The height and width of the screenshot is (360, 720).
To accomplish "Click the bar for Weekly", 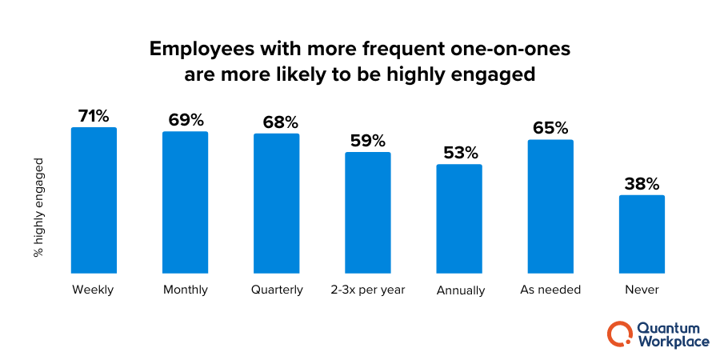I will [94, 200].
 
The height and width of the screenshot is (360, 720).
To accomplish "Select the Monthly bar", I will [185, 202].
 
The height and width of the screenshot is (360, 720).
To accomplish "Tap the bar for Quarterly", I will [276, 203].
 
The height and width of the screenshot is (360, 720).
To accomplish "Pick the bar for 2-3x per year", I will [367, 212].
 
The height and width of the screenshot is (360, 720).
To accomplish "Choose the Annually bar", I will [458, 218].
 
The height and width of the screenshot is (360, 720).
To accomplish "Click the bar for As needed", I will [550, 206].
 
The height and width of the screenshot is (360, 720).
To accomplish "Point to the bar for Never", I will [642, 234].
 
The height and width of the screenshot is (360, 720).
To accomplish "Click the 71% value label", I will [94, 115].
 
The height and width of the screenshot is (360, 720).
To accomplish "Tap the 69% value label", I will [185, 119].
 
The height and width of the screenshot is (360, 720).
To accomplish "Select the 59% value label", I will [367, 140].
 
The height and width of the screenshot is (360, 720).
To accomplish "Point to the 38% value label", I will [642, 182].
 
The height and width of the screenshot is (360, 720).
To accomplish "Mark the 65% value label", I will [550, 127].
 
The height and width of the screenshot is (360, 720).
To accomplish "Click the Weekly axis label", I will [93, 290].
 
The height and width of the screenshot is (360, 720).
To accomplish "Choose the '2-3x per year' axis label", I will [368, 290].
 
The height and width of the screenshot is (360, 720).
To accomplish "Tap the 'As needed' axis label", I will [550, 290].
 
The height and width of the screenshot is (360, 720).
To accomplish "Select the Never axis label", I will [642, 290].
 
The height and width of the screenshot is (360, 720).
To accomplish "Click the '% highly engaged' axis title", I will [38, 207].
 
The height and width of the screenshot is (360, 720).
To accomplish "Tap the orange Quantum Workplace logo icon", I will [619, 334].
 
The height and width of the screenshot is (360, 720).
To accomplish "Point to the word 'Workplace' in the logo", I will [674, 342].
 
